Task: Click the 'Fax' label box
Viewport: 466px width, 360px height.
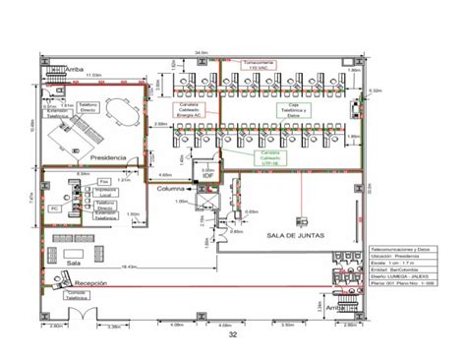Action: (x=102, y=182)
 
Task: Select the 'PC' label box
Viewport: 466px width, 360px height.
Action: (x=55, y=210)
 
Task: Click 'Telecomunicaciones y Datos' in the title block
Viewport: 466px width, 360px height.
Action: (x=397, y=252)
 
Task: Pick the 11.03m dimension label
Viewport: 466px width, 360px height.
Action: (x=93, y=74)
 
